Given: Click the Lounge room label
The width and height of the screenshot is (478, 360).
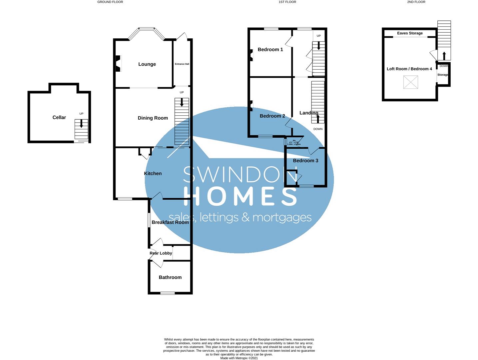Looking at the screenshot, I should pos(147,64).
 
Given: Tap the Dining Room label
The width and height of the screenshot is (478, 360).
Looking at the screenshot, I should pos(153,118).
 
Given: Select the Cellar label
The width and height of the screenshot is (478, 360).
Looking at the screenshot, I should pos(59,117).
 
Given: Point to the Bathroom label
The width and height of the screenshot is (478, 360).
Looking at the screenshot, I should pos(170,277).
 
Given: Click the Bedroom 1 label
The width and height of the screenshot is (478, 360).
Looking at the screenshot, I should pos(270,50).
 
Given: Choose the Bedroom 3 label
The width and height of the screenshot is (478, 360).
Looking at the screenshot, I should pos(305,161).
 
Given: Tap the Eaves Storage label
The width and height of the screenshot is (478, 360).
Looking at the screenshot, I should pos(410,33).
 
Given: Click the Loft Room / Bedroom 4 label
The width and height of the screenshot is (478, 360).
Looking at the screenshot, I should pos(409,69).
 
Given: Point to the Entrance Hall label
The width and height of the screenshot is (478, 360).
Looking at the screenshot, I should pos(182,64).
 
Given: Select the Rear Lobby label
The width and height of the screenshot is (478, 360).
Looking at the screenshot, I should pos(161,253).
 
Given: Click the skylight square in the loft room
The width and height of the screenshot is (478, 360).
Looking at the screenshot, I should pos(410,82).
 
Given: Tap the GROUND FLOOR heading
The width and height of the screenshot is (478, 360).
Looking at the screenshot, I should pos(110,2).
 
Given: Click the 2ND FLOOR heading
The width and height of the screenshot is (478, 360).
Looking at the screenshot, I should pos(416,2).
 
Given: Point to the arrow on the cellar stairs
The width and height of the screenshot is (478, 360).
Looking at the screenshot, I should pos(81,124).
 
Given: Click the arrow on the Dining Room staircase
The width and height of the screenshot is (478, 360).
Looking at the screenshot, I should pos(182,102).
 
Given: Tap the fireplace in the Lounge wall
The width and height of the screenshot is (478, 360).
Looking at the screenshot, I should pos(118,63).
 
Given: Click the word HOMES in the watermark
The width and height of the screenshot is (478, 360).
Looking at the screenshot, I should pos(240,196).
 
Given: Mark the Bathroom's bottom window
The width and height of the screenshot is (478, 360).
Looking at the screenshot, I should pos(167,293).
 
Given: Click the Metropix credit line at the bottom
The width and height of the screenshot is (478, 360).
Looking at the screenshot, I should pos(239,358).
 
